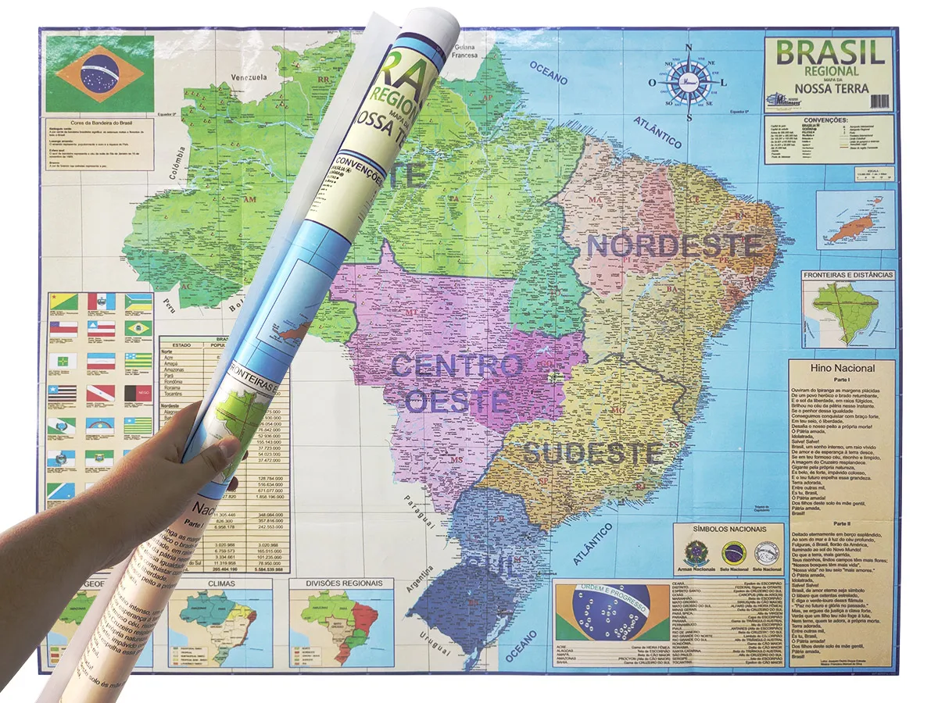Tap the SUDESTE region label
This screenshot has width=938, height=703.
coord(593,452)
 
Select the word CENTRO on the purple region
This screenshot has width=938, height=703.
coord(456,366)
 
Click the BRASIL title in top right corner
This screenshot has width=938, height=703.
coord(830,52)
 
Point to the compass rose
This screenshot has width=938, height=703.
coord(689,81)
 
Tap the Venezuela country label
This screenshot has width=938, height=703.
coord(248,77)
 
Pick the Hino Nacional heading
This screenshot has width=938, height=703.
coord(840,368)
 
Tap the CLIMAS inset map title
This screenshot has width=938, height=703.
coord(220,583)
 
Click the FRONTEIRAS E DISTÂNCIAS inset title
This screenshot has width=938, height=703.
coord(848,275)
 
